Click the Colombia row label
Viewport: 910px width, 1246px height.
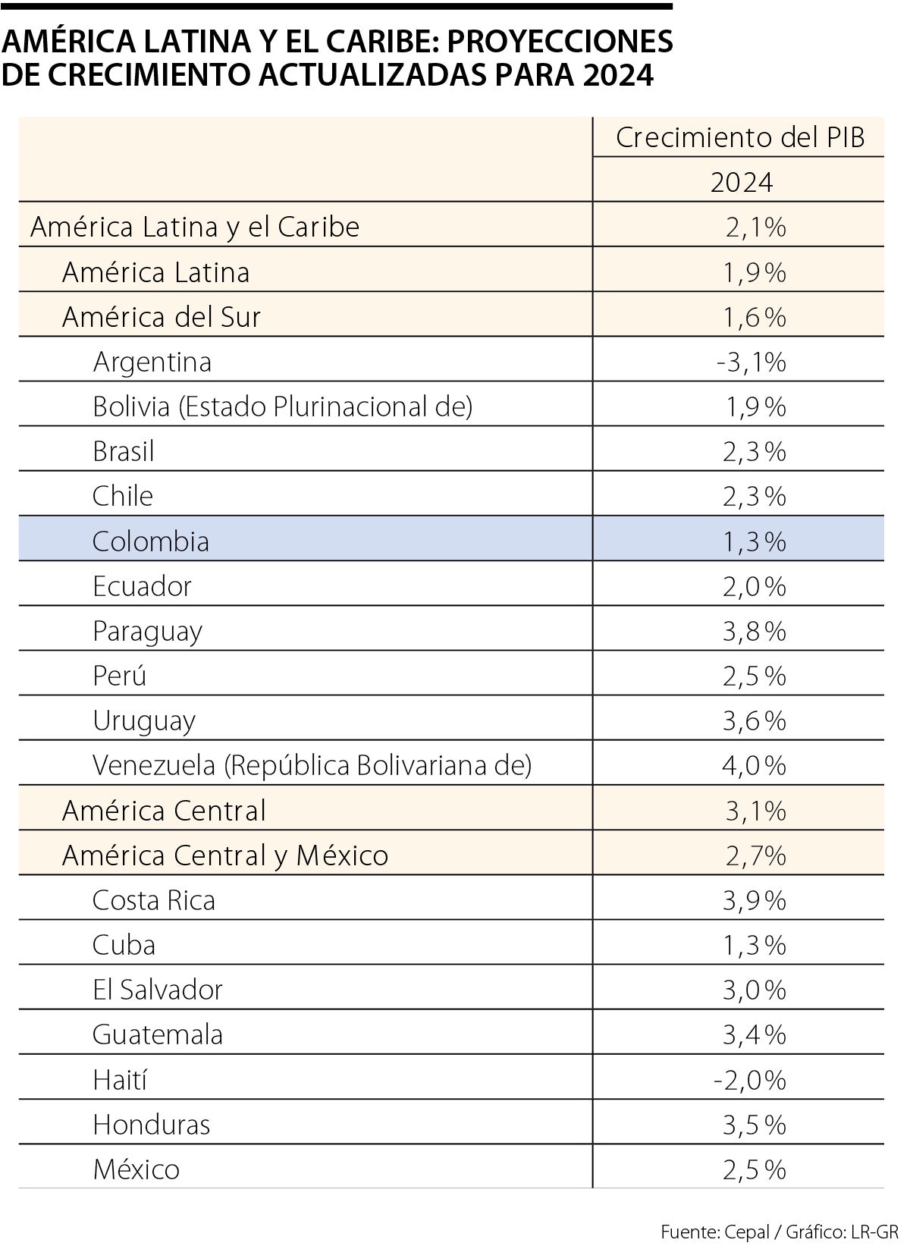pos(150,541)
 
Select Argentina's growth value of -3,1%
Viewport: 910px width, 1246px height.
pos(751,363)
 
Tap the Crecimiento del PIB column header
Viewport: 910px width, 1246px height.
pos(739,138)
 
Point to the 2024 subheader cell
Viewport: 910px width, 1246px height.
pos(741,183)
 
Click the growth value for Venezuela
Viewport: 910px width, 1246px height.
pos(754,765)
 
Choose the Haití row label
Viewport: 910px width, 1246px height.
pos(119,1079)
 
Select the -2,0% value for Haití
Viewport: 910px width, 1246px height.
pos(749,1079)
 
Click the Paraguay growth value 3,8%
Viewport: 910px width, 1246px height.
pos(754,631)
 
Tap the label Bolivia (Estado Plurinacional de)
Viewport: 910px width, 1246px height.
pos(282,406)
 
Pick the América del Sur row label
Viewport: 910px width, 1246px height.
pos(161,317)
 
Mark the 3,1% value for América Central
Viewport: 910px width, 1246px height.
pos(755,811)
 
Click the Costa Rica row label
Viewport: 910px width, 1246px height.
pos(153,900)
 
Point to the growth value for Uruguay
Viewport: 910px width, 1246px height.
pos(754,720)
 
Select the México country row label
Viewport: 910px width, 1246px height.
pos(136,1169)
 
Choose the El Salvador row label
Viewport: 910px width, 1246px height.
pos(157,990)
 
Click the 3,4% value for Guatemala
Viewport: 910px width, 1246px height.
pos(754,1034)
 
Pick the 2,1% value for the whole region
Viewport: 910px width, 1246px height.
pos(755,227)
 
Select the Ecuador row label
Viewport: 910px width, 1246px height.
pos(142,586)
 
